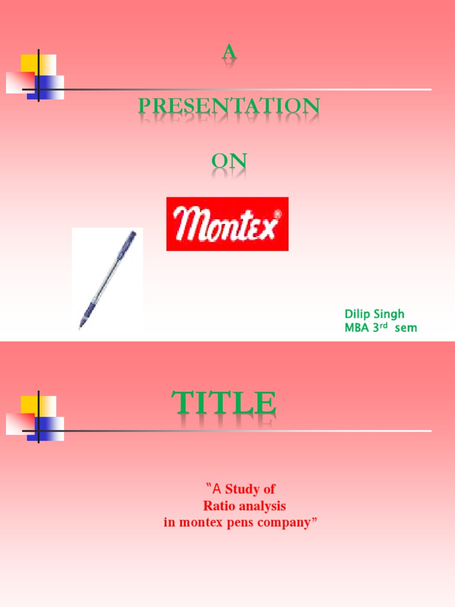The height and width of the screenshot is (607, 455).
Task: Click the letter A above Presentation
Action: pyautogui.click(x=229, y=53)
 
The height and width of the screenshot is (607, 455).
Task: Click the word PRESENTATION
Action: pyautogui.click(x=229, y=107)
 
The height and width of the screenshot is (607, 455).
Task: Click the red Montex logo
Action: pyautogui.click(x=227, y=223)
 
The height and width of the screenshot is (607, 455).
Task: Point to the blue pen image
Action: pyautogui.click(x=107, y=279)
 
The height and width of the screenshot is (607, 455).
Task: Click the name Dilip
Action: pyautogui.click(x=358, y=314)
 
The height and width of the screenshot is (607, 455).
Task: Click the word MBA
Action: pyautogui.click(x=357, y=327)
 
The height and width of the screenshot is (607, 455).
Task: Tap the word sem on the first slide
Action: pyautogui.click(x=406, y=327)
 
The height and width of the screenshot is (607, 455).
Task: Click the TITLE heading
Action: pyautogui.click(x=225, y=404)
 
